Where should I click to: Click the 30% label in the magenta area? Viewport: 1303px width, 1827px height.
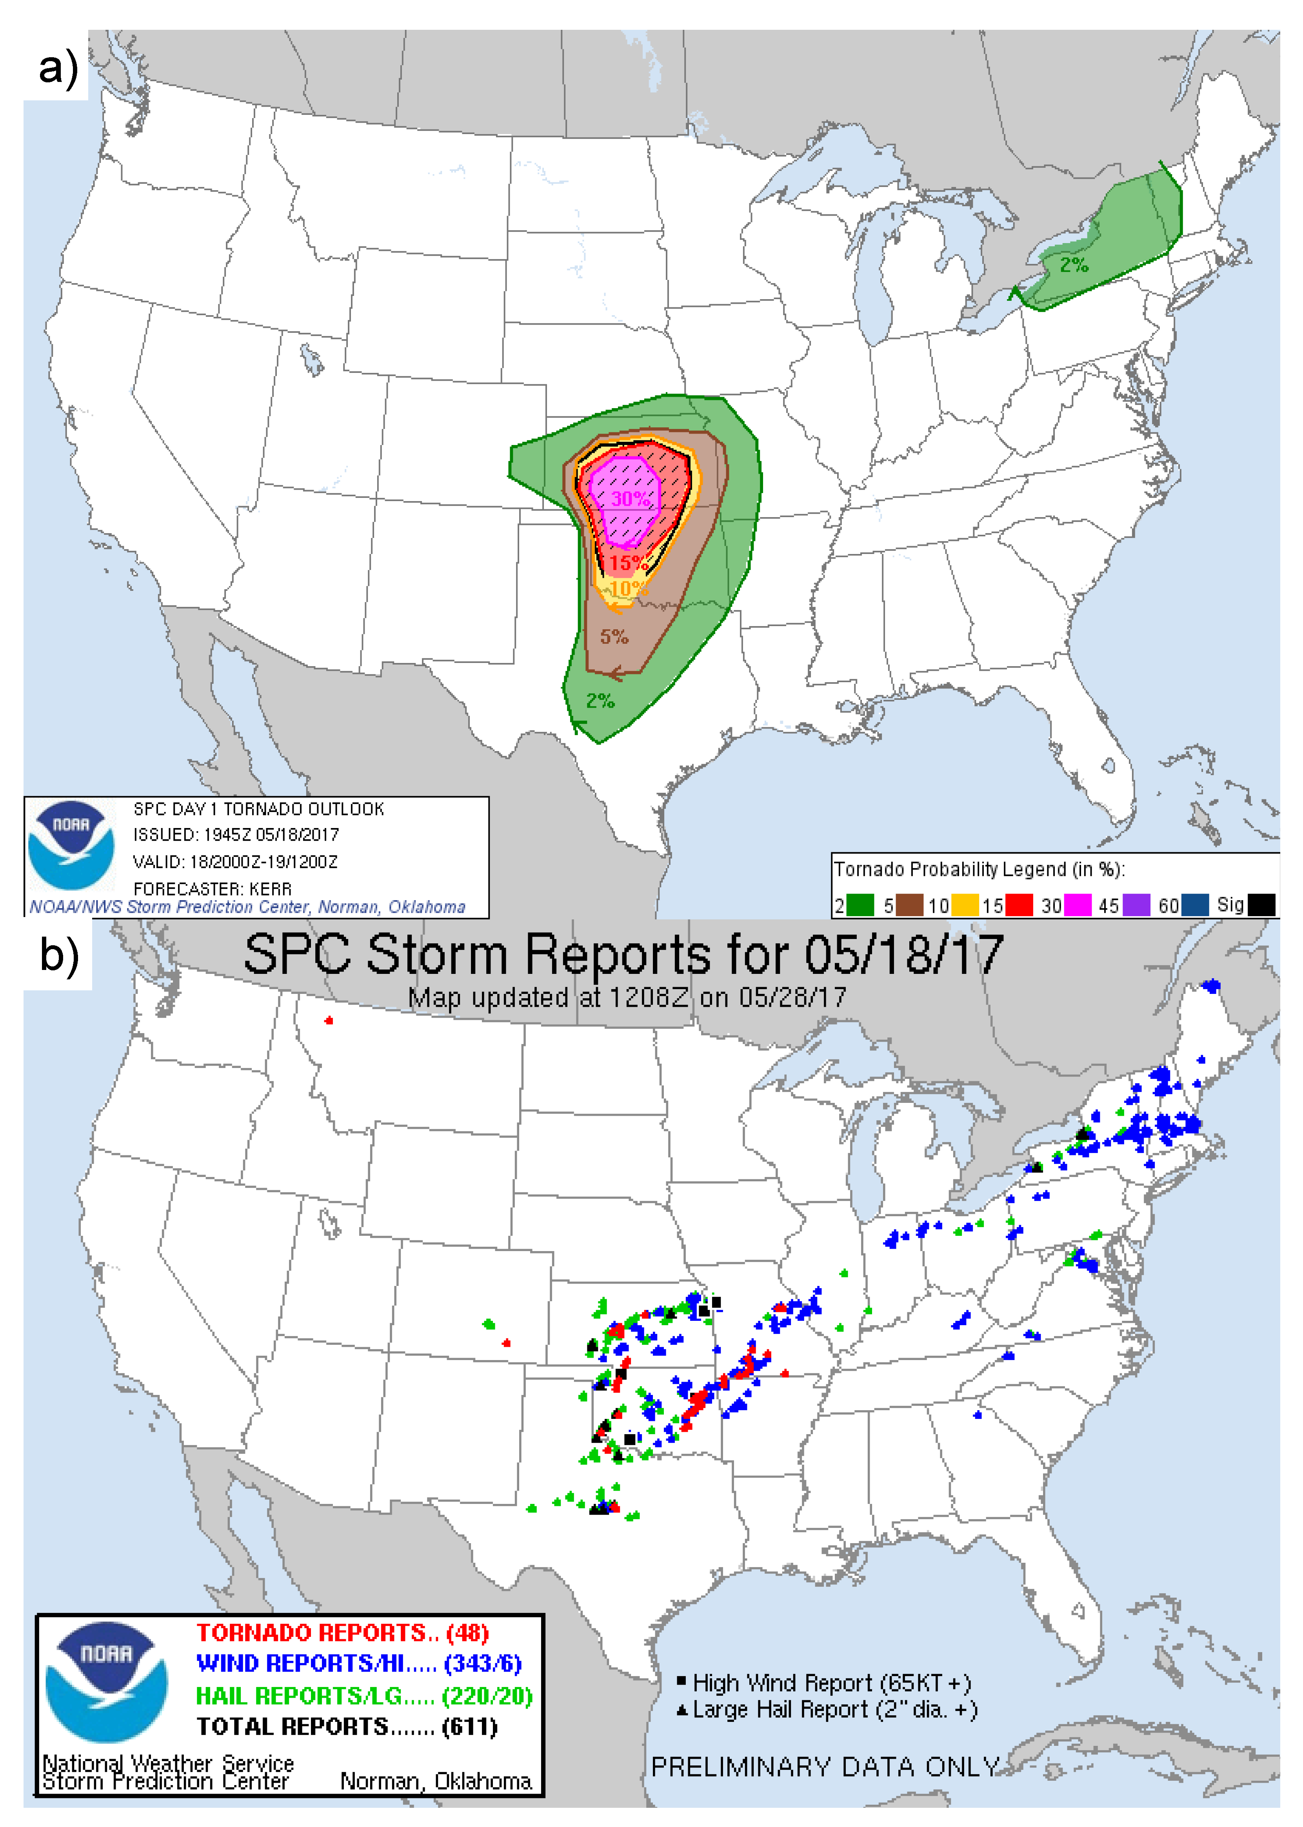(630, 499)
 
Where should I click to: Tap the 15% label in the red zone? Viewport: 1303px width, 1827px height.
(627, 563)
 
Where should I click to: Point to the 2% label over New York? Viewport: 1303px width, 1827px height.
(1074, 265)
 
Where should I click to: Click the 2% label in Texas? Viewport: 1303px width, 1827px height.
(599, 701)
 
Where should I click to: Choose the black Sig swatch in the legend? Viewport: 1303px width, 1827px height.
(1261, 906)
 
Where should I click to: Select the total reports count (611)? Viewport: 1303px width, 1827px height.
(469, 1726)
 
